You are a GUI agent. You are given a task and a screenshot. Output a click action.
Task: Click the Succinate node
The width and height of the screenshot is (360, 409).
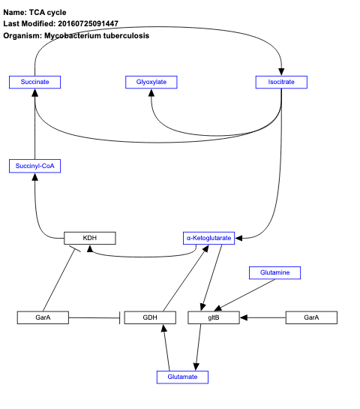[x=34, y=81]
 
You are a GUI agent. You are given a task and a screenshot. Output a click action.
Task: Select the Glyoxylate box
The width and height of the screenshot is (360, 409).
[x=151, y=81]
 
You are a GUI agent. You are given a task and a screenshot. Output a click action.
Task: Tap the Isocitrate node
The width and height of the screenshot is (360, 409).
[x=281, y=81]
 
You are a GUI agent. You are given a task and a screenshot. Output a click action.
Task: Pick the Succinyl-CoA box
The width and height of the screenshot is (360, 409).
[x=34, y=166]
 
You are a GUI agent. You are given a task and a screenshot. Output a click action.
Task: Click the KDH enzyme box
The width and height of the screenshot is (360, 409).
[x=90, y=238]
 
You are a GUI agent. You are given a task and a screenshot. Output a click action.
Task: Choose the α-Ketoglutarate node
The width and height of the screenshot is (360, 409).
[x=208, y=238]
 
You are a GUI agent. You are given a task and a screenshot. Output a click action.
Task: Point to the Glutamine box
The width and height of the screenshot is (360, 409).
[x=274, y=272]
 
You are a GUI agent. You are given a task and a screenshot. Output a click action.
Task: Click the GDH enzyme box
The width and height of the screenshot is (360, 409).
[x=150, y=317]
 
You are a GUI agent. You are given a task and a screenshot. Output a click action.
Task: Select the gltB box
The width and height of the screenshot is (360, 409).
[x=213, y=317]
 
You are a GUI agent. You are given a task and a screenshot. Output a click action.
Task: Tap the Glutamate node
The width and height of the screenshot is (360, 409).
[x=182, y=377]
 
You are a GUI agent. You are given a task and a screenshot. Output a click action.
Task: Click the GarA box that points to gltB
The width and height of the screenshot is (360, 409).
[x=311, y=317]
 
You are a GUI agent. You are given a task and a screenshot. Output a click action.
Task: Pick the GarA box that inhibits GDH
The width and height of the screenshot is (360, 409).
[x=43, y=317]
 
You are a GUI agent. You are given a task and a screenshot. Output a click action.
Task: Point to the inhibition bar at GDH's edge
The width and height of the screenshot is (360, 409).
[x=121, y=318]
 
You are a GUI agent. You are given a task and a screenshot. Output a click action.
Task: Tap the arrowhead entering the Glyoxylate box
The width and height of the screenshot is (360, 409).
[x=151, y=93]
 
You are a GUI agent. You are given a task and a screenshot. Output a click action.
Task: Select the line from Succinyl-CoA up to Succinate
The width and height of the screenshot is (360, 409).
[x=35, y=124]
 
